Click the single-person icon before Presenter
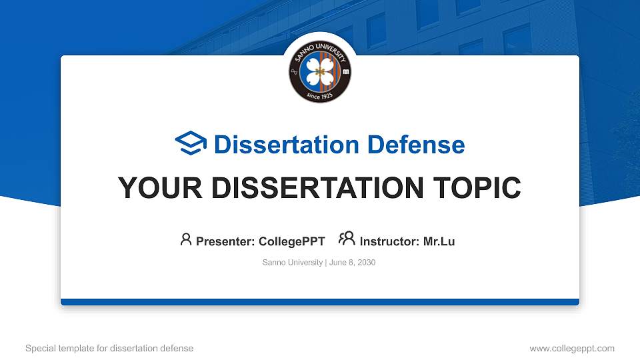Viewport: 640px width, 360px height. (x=186, y=239)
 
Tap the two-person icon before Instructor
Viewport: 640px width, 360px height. (x=347, y=239)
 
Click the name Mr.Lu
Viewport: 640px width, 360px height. (x=439, y=241)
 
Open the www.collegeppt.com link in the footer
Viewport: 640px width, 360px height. (x=571, y=348)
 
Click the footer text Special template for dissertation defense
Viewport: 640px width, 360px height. (x=109, y=348)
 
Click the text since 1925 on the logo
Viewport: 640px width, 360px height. (x=320, y=95)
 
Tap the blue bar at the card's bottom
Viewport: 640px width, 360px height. (x=320, y=302)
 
